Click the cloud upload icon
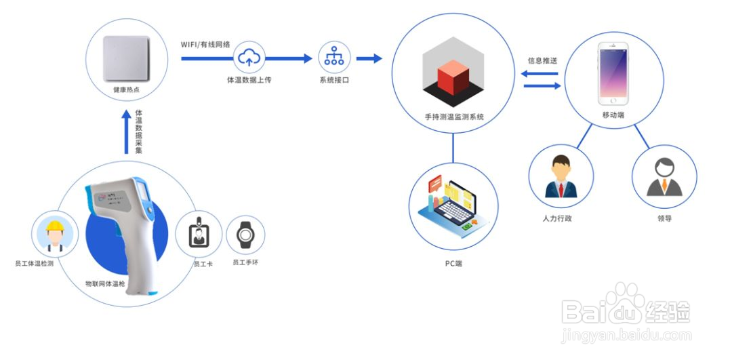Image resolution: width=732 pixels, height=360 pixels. pyautogui.click(x=249, y=58)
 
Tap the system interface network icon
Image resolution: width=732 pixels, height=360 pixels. pyautogui.click(x=334, y=58)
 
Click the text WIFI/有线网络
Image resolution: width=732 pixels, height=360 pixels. pyautogui.click(x=205, y=45)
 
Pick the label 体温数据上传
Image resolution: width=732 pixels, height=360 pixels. pyautogui.click(x=249, y=80)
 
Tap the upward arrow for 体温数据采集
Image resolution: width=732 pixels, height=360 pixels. pyautogui.click(x=126, y=132)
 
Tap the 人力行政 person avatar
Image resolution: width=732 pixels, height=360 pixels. pyautogui.click(x=561, y=177)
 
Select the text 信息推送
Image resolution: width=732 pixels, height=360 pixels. pyautogui.click(x=542, y=60)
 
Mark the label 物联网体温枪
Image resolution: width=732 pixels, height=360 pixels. pyautogui.click(x=105, y=283)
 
